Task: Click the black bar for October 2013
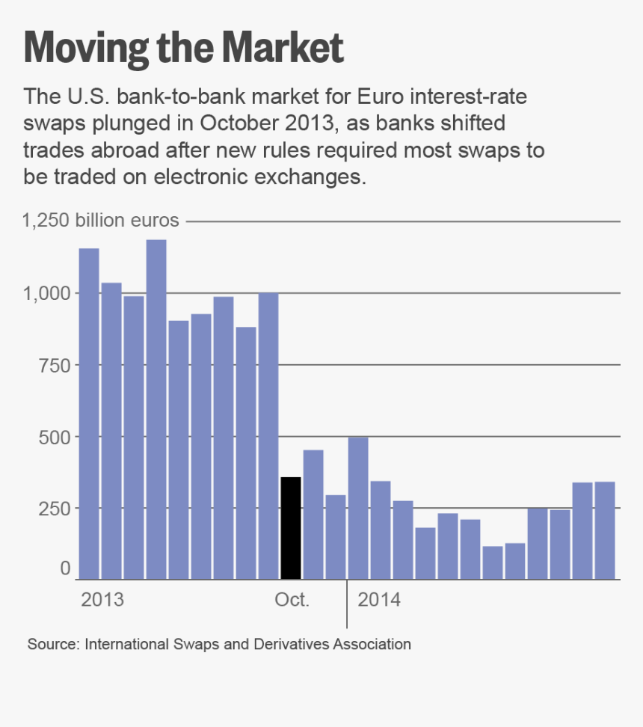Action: coord(290,527)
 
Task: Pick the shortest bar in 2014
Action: coord(493,562)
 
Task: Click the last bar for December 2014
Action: coord(605,530)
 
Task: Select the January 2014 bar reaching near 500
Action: coord(358,508)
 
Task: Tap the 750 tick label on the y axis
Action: coord(55,365)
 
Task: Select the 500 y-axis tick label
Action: coord(55,437)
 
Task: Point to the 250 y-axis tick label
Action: coord(55,508)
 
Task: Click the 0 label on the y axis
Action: coord(65,568)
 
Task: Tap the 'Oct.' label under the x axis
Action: coord(292,600)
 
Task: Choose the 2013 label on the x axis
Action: coord(102,600)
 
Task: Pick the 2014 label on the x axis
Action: coord(379,600)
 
